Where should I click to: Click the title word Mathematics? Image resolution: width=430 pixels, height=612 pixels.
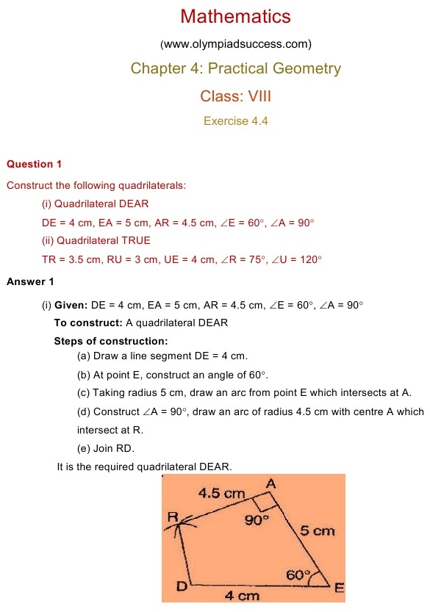(x=235, y=16)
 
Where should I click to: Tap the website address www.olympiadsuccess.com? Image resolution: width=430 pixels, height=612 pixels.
(x=236, y=43)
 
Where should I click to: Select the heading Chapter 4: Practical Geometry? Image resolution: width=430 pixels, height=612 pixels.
(x=236, y=69)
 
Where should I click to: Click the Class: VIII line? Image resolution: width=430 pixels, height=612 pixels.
(x=236, y=96)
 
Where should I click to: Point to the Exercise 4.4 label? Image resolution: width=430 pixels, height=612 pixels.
(x=236, y=120)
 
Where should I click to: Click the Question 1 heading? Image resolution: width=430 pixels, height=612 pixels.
(x=40, y=164)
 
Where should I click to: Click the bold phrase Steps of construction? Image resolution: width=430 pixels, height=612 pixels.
(x=111, y=341)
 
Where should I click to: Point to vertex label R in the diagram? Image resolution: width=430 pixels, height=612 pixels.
(x=173, y=517)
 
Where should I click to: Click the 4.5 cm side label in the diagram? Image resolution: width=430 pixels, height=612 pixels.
(x=221, y=494)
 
